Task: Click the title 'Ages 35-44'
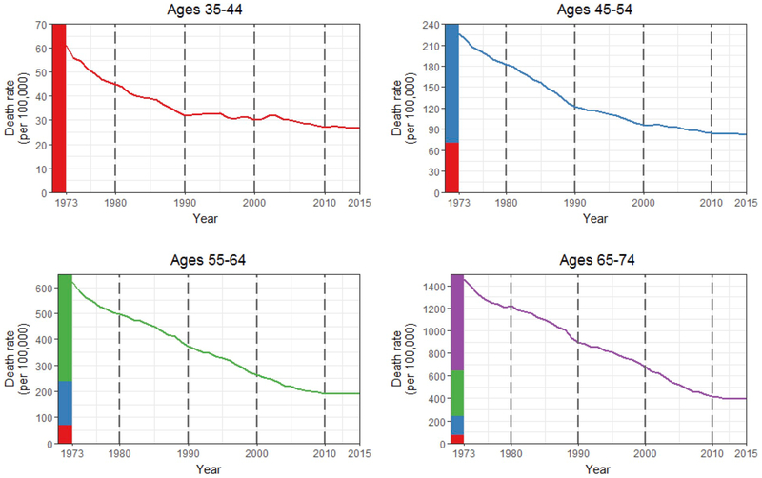click(x=205, y=10)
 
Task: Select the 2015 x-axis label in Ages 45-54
click(x=733, y=203)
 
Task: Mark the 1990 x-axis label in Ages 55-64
click(x=189, y=454)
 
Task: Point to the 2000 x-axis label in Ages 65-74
click(x=645, y=454)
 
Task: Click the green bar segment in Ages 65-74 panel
click(x=457, y=392)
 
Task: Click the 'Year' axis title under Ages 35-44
click(x=205, y=219)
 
